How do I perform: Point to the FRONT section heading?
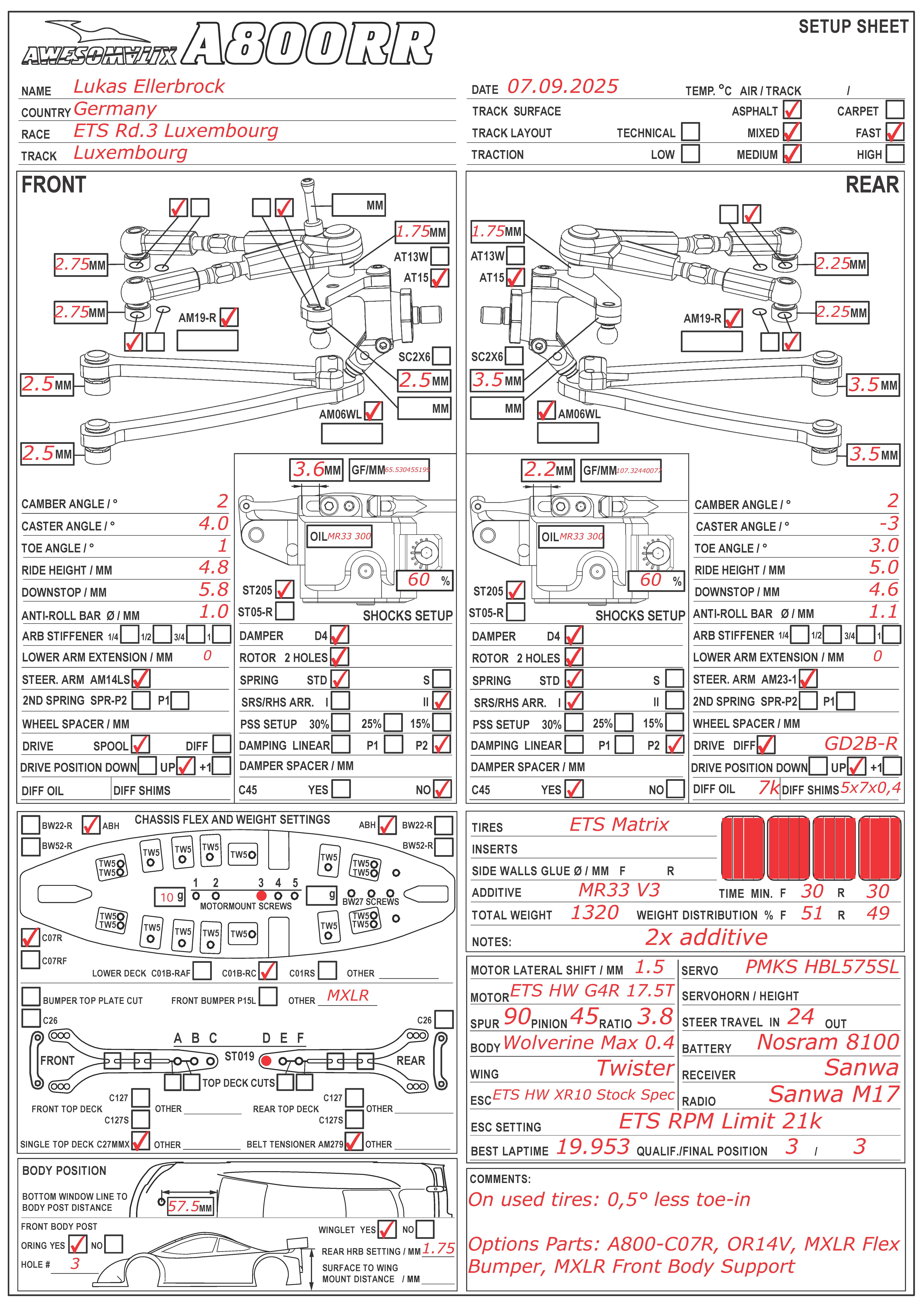click(54, 185)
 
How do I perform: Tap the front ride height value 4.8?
click(213, 567)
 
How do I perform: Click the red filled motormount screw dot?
click(261, 895)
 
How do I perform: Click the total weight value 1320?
click(594, 913)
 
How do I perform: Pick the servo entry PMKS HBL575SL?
click(822, 967)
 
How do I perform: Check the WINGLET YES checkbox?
click(386, 1229)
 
